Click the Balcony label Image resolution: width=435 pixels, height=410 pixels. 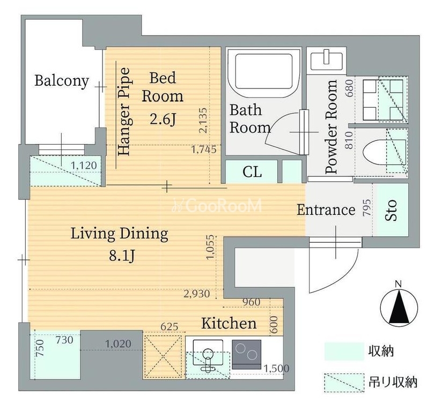pos(62,81)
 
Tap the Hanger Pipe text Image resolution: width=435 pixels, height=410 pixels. pos(124,111)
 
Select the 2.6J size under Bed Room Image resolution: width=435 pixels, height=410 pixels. pos(163,120)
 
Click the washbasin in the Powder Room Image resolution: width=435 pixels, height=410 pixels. pos(327,61)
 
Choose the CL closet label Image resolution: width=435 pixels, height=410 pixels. pos(252,172)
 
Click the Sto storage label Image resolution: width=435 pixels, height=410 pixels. pos(391,210)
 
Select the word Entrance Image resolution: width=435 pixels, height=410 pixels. pos(326,210)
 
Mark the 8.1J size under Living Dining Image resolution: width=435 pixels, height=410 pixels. pos(122,255)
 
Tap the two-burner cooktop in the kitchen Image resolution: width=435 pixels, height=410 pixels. pos(247,354)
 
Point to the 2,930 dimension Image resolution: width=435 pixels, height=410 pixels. pos(197,294)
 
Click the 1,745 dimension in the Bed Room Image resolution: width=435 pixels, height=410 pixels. pos(204,150)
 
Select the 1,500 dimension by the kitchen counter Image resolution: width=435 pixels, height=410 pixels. pos(276,368)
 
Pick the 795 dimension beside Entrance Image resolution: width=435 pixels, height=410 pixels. pos(366,207)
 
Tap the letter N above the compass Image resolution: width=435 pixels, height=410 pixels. pos(399,284)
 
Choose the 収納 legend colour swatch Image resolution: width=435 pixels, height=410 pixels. pos(344,352)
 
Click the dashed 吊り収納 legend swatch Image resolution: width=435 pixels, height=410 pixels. pos(344,383)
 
